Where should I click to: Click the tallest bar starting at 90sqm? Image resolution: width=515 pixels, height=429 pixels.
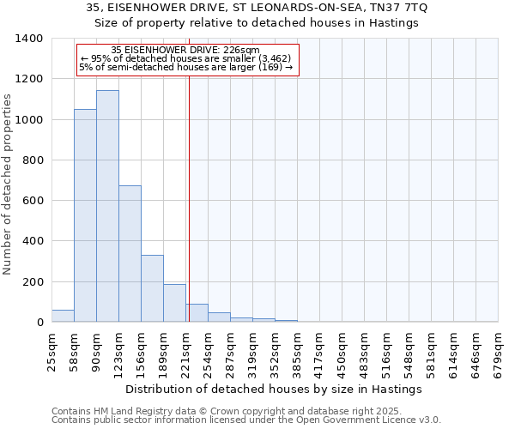(x=107, y=206)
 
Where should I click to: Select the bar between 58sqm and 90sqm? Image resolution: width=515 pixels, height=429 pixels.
(x=85, y=215)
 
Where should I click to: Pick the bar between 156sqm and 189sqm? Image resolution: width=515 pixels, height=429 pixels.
(x=152, y=288)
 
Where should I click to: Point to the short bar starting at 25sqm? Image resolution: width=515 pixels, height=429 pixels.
(x=63, y=316)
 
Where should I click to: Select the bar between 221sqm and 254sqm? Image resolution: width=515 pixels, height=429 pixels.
(x=197, y=313)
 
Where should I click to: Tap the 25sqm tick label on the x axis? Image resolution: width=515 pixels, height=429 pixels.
(x=51, y=353)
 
